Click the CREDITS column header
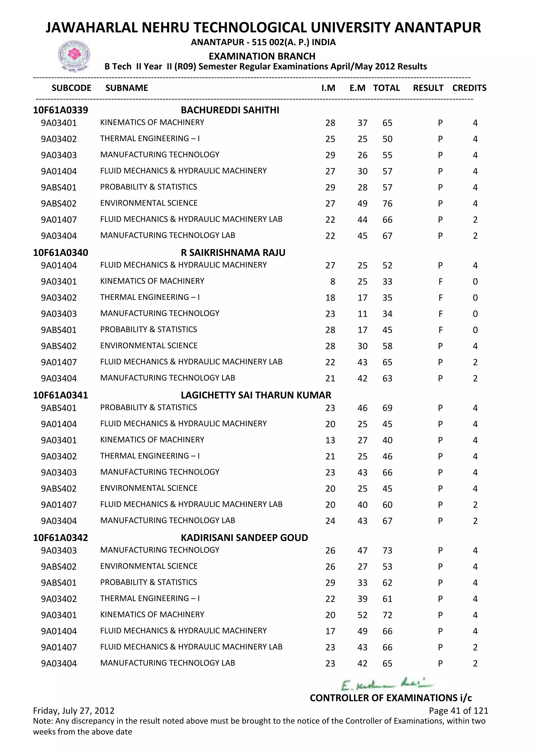tap(469, 88)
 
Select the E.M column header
tap(357, 88)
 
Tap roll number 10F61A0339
tap(60, 110)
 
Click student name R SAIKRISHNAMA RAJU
tap(233, 253)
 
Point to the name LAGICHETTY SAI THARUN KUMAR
tap(256, 395)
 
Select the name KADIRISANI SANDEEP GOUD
tap(244, 538)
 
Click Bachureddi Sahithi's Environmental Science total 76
tap(387, 204)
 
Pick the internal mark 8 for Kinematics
tap(332, 281)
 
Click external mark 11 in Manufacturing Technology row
tap(362, 314)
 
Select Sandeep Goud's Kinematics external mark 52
tap(362, 615)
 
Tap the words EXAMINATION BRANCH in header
tap(262, 56)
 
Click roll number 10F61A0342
tap(60, 538)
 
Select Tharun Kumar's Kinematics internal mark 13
tap(330, 440)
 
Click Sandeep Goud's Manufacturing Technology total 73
tap(387, 550)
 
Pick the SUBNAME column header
tap(127, 88)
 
